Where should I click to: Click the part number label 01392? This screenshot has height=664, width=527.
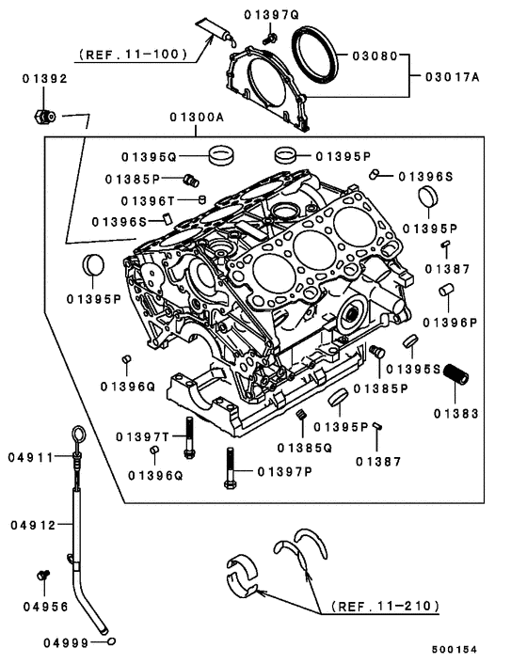coord(45,79)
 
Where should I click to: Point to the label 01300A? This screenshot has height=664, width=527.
coord(198,119)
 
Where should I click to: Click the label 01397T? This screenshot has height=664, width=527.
coord(142,437)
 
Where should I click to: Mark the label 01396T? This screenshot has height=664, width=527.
coord(148,200)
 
